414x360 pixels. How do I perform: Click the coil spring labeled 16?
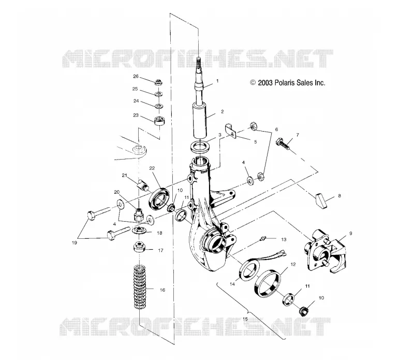(x=140, y=287)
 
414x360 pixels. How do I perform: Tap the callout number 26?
(x=136, y=76)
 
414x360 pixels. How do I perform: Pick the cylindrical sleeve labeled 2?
(x=199, y=121)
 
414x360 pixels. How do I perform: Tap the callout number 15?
(x=245, y=319)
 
